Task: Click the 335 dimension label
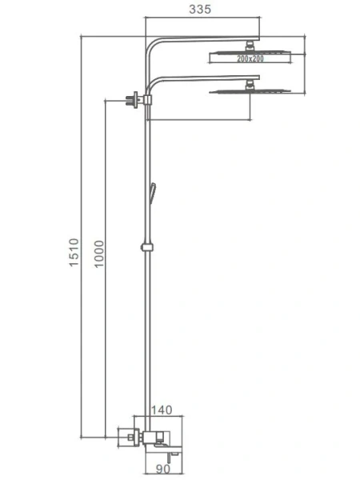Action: (200, 9)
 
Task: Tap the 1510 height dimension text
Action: (74, 253)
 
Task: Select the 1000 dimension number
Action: (99, 254)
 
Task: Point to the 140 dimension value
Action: (162, 410)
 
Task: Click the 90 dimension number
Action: (163, 469)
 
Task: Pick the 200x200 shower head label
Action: (250, 58)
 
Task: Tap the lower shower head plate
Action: (250, 91)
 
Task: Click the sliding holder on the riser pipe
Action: (147, 247)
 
